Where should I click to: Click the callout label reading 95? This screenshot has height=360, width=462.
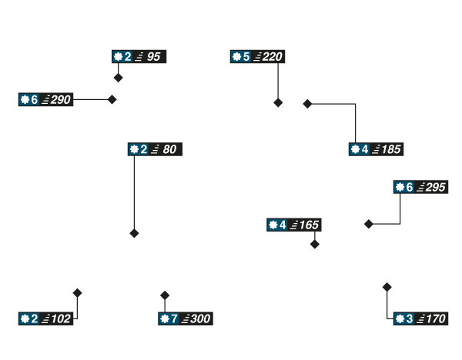(x=139, y=57)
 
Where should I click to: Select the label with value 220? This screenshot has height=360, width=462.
(x=258, y=57)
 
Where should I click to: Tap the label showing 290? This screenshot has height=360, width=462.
(x=46, y=100)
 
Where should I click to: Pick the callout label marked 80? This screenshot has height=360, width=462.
(x=156, y=149)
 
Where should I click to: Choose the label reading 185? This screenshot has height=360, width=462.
(x=377, y=149)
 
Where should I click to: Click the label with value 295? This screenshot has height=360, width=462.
(x=421, y=188)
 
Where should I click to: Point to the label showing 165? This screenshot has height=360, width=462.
(x=294, y=225)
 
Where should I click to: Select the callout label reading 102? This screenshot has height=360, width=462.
(x=46, y=318)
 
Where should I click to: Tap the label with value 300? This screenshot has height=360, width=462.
(x=185, y=318)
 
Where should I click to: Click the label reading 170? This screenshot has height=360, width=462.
(x=420, y=318)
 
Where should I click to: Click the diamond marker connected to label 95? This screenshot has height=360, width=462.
(x=118, y=78)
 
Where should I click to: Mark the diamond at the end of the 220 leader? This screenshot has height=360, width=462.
(x=278, y=102)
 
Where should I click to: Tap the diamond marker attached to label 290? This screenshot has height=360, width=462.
(x=112, y=99)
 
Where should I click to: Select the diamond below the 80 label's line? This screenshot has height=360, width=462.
(x=134, y=233)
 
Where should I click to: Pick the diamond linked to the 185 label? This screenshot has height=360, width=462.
(x=306, y=104)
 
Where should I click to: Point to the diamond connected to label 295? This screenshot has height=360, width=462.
(x=368, y=224)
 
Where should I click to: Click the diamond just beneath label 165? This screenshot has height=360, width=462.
(x=314, y=245)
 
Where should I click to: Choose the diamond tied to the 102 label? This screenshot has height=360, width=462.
(x=77, y=292)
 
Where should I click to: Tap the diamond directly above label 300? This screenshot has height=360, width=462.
(x=164, y=295)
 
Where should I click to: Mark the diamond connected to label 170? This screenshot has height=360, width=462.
(x=387, y=286)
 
